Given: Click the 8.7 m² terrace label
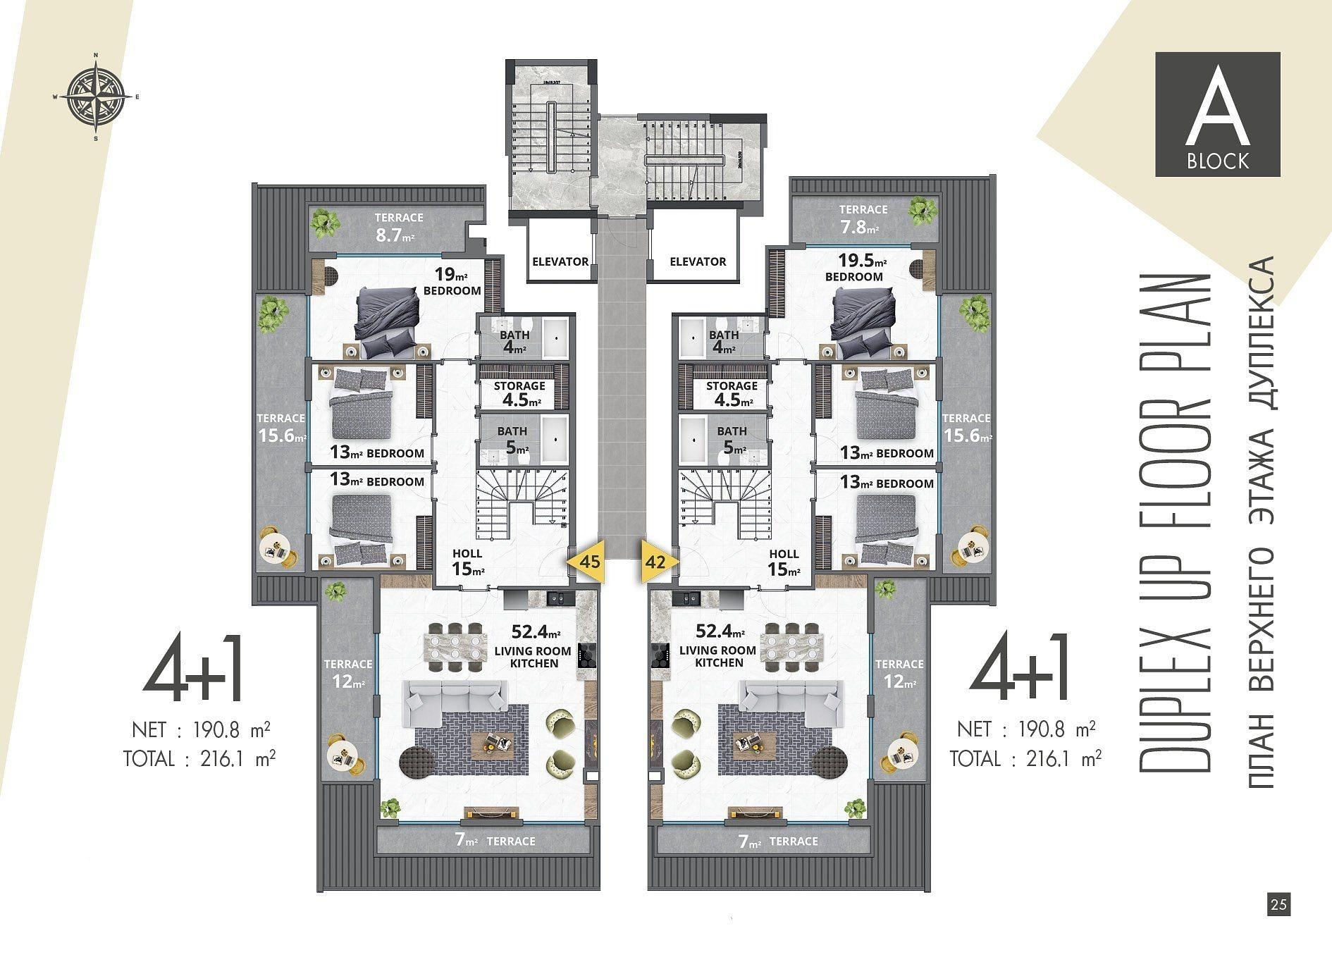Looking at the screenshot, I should coord(399,228).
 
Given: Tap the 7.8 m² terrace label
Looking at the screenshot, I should coord(863,219).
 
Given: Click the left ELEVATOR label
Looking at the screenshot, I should coord(560,261).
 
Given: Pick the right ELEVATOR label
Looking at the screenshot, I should coord(698,261).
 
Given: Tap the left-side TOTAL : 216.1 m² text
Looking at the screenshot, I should coord(199,759).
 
